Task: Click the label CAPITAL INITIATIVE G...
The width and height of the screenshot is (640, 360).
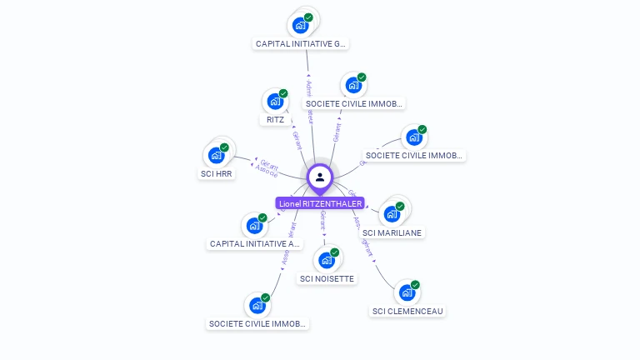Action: click(301, 43)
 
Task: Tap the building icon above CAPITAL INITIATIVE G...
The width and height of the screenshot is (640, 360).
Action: click(300, 25)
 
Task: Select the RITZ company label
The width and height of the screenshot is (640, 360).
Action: click(275, 119)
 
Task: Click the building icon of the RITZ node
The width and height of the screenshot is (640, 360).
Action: click(274, 102)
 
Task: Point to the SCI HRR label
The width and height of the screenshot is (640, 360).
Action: click(216, 173)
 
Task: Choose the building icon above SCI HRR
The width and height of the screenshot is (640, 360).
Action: click(216, 155)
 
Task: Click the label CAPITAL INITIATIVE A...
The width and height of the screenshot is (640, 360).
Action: click(254, 244)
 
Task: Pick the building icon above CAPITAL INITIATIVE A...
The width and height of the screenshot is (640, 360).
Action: click(253, 226)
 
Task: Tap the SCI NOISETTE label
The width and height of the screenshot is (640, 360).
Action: click(327, 278)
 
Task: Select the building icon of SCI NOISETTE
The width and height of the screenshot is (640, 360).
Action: click(327, 260)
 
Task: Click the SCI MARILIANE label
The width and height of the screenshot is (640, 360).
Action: click(392, 232)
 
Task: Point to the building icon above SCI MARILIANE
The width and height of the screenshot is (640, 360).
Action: click(392, 214)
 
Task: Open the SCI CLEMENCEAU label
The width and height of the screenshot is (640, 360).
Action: click(407, 311)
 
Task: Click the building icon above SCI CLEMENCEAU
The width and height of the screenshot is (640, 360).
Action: click(406, 292)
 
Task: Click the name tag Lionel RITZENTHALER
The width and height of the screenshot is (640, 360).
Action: click(320, 203)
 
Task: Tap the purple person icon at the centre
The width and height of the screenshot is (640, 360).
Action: click(320, 177)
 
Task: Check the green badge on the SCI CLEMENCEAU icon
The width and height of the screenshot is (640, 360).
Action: click(415, 285)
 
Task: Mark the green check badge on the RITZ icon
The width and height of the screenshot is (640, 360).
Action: click(283, 94)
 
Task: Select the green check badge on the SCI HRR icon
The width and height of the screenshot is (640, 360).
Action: click(224, 147)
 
